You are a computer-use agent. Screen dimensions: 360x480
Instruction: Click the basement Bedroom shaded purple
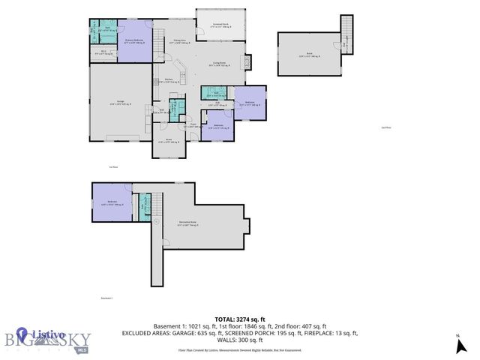pos(111,202)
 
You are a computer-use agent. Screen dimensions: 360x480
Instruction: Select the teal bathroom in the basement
pos(145,204)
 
